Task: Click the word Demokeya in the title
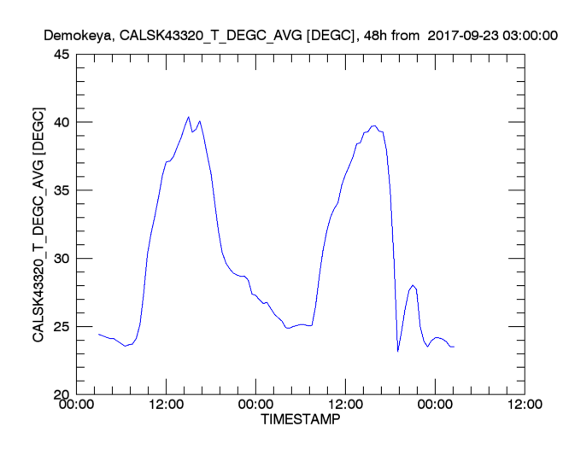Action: (73, 37)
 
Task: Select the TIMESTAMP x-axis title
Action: (299, 421)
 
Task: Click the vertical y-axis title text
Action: (38, 225)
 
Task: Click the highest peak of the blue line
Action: (188, 117)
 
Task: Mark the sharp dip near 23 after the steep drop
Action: (398, 351)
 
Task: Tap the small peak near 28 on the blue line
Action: (413, 285)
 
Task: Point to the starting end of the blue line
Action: (99, 334)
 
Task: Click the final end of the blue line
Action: (454, 347)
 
